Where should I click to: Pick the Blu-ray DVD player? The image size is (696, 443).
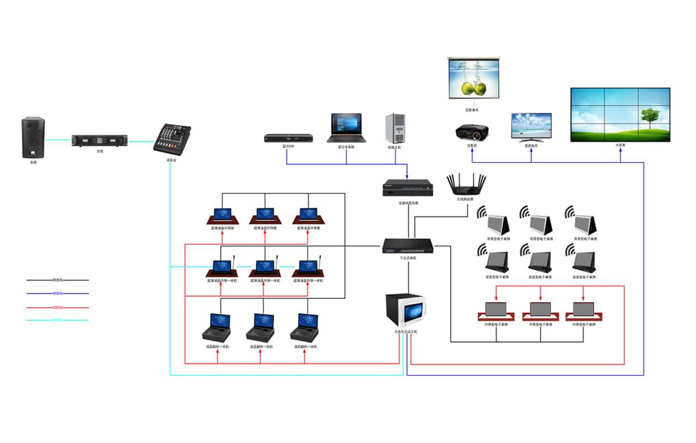point(288,138)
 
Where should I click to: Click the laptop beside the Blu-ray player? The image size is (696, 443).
point(346,128)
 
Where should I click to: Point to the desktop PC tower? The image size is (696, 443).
point(394,128)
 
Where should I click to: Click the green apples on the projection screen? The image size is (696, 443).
point(474,89)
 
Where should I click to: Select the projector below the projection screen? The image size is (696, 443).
point(472,132)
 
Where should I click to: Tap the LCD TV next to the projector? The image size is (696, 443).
point(531,128)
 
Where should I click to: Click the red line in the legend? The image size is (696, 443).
point(57,307)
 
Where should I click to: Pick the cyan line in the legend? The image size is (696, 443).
point(57,320)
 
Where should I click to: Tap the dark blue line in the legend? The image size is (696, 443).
point(57,293)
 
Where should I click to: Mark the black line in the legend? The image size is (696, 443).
point(57,280)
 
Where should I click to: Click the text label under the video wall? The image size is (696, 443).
point(620,146)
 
